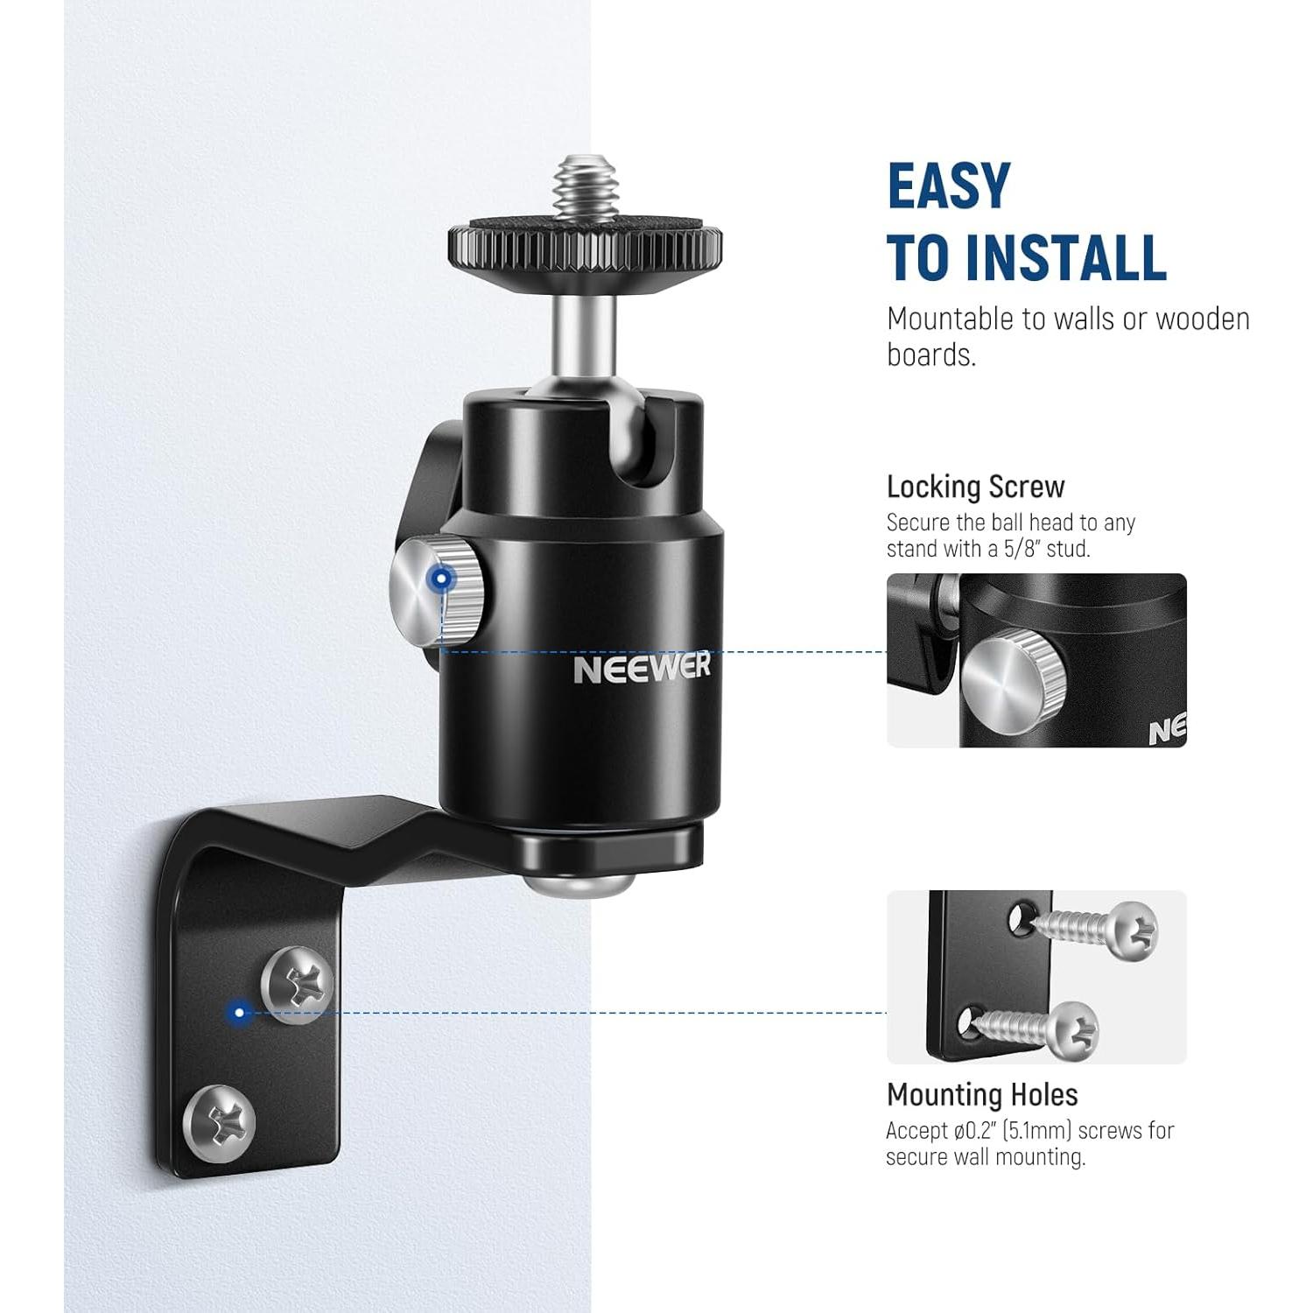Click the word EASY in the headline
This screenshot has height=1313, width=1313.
coord(949,186)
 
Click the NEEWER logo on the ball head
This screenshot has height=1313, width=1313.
coord(642,669)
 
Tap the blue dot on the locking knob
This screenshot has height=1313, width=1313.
coord(443,579)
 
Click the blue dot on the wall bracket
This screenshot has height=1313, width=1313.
coord(238,1013)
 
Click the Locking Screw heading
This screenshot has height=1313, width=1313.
coord(975,487)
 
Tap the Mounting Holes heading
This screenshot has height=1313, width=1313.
coord(982,1095)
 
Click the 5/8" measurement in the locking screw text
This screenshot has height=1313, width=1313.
coord(1021,549)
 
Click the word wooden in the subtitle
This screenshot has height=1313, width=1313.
coord(1203,319)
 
